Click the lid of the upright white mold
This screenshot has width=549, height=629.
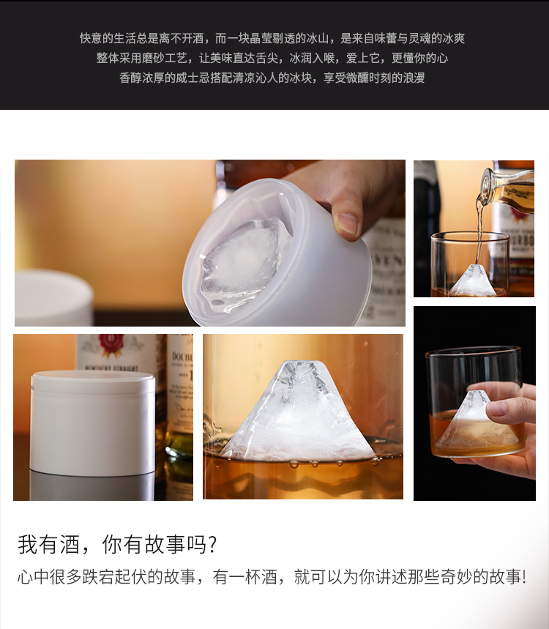click(x=93, y=382)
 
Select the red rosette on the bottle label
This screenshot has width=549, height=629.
click(x=111, y=346)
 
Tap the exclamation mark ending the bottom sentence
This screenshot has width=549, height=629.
click(x=524, y=577)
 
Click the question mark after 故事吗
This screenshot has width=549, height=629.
click(x=212, y=546)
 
